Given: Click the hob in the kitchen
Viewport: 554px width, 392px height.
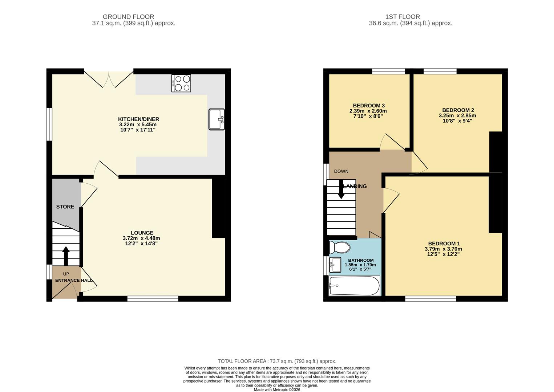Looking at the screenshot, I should pos(181,83).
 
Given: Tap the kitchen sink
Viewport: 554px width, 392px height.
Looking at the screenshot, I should pos(217,119).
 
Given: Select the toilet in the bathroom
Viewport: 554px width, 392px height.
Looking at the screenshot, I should pos(339,248).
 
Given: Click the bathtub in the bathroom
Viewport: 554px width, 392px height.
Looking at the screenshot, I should pos(354,286).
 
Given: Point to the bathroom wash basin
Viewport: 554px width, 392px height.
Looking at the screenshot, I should pos(335,265).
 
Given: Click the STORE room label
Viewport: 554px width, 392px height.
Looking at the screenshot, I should pos(65,207).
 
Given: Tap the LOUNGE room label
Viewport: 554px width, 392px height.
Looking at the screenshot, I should pos(142,233).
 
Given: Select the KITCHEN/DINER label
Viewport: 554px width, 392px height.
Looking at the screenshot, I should pos(138,119).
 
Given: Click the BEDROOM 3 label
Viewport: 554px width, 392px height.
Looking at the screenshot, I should pos(369,106).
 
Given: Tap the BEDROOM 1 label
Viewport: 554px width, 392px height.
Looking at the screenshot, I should pos(444,244).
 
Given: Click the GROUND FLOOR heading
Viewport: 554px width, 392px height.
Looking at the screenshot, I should pos(128,17).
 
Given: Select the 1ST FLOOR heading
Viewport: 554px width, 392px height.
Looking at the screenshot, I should pos(403,17).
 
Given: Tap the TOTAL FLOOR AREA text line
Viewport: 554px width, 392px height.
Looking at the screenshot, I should pos(277,361).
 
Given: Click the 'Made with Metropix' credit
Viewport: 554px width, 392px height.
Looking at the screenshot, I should pos(277,389).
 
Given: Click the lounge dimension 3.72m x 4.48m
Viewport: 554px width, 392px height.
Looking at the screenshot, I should pos(141,238).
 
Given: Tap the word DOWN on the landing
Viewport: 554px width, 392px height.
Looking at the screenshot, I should pos(341,171).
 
